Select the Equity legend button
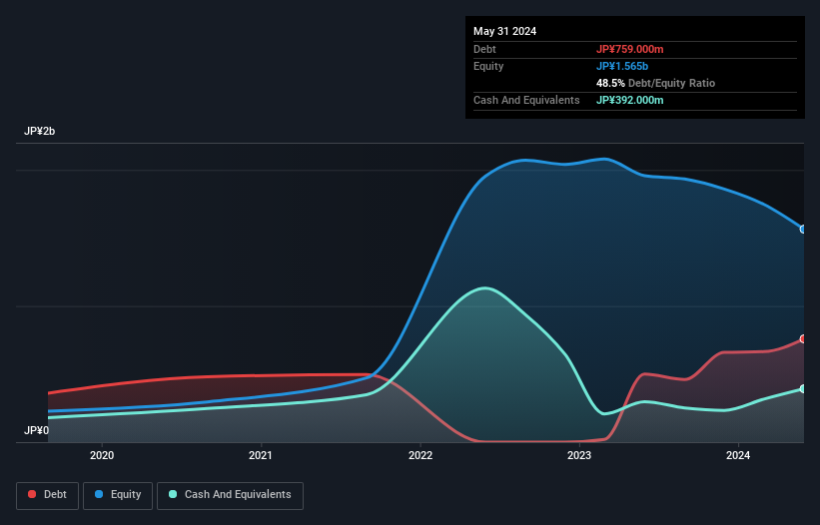click(x=117, y=495)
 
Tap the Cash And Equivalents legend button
click(x=230, y=495)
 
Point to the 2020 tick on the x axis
click(x=102, y=455)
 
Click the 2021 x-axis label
click(x=261, y=455)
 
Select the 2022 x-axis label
click(x=420, y=455)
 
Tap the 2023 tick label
click(x=579, y=455)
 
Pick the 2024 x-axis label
click(x=738, y=455)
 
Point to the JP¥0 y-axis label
click(x=36, y=431)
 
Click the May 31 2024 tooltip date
click(x=504, y=31)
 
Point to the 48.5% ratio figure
click(x=611, y=83)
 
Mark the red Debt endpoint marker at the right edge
click(x=803, y=339)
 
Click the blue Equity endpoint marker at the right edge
click(x=803, y=230)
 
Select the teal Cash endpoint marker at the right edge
click(x=803, y=388)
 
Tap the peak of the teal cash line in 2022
click(x=485, y=288)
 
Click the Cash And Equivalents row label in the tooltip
click(x=526, y=100)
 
